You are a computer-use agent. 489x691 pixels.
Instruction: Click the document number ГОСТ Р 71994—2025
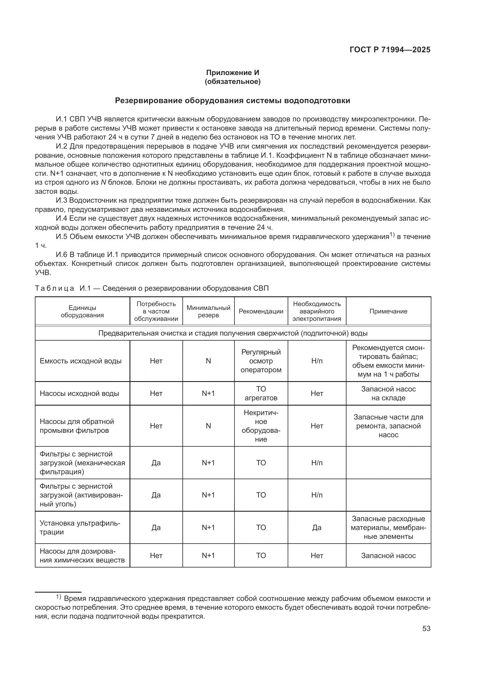click(x=390, y=50)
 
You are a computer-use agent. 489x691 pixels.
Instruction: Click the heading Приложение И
click(x=232, y=73)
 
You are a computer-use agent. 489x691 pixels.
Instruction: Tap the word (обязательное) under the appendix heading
click(x=232, y=82)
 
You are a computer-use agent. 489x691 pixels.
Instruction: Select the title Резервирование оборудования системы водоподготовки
click(x=232, y=100)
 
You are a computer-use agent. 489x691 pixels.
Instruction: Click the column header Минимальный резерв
click(x=208, y=311)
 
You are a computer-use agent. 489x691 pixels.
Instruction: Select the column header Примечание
click(x=388, y=311)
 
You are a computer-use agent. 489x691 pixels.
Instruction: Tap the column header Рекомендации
click(x=261, y=311)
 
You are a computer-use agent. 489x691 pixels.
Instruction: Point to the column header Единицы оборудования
click(x=82, y=311)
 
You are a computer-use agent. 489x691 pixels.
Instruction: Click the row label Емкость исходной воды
click(x=80, y=361)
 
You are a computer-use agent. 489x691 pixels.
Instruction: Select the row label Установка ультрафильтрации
click(x=80, y=528)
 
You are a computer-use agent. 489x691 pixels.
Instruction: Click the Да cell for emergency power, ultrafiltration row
click(x=316, y=528)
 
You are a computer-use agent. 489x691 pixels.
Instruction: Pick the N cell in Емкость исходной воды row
click(x=208, y=361)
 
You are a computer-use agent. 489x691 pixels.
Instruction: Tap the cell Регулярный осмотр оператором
click(x=261, y=361)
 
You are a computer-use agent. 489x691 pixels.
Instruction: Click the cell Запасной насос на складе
click(x=388, y=393)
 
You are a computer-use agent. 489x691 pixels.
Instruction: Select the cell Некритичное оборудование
click(x=261, y=425)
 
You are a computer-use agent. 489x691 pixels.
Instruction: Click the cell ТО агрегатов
click(x=261, y=393)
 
